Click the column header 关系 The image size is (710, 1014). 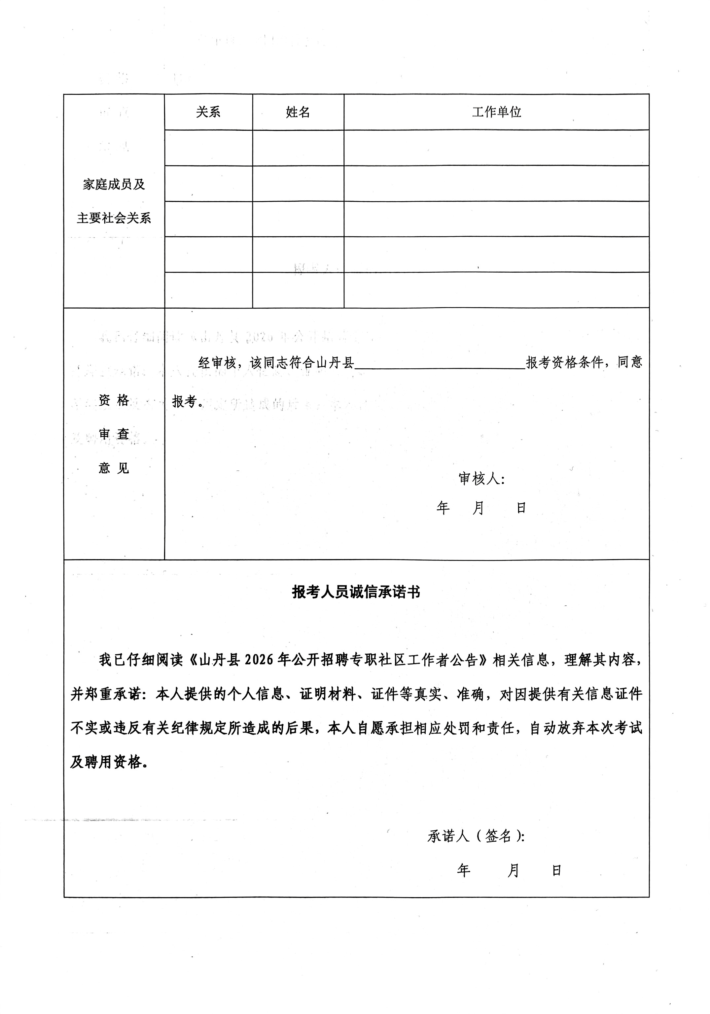(x=208, y=112)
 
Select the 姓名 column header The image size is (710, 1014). (x=298, y=112)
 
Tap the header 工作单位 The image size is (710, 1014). (x=496, y=112)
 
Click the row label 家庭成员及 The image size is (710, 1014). (x=114, y=184)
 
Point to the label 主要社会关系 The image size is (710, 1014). (x=114, y=218)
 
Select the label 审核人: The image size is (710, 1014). (x=481, y=478)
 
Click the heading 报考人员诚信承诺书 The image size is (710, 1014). (x=356, y=592)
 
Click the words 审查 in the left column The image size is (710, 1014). (x=114, y=434)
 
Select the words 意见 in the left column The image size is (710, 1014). (x=114, y=468)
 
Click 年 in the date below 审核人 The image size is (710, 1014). (x=443, y=508)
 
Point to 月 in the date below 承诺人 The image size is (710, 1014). (x=513, y=870)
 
